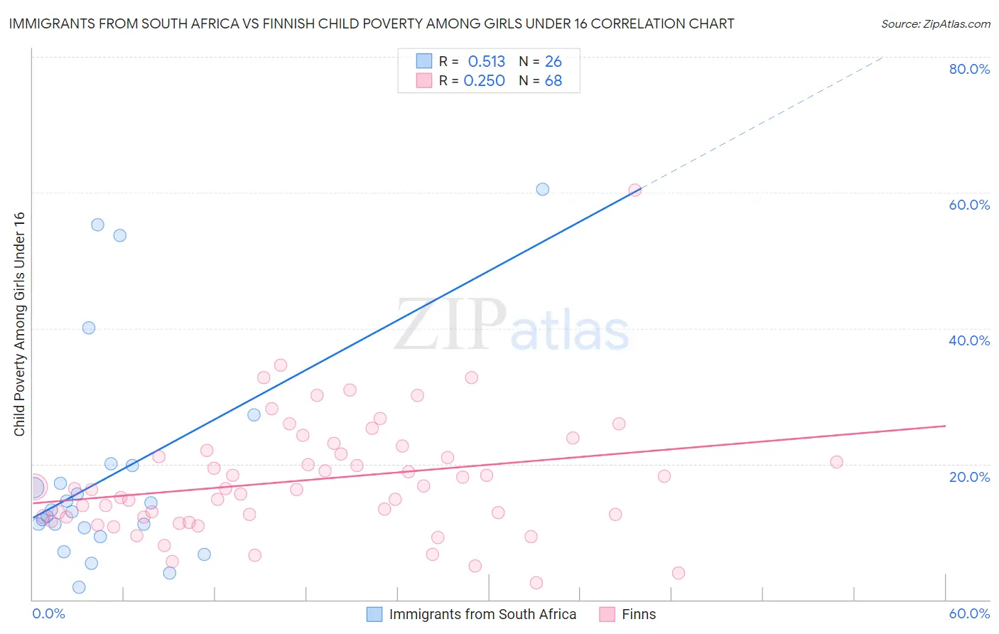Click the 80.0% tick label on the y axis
[969, 69]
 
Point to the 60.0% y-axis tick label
[969, 205]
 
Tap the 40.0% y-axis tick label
[969, 340]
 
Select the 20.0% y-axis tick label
[969, 476]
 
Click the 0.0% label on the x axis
[48, 613]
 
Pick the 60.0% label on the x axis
[969, 613]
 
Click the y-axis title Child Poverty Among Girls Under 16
[19, 324]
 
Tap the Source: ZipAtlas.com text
[935, 23]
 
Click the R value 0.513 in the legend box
[486, 61]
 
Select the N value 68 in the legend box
[553, 81]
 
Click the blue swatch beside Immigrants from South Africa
[374, 614]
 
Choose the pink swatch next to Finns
[607, 614]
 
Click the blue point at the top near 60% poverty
[542, 189]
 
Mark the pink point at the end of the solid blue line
[634, 190]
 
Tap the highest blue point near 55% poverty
[97, 225]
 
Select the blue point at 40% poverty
[89, 328]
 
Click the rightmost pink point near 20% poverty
[836, 462]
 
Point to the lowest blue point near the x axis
[79, 587]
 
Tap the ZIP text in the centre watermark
[450, 325]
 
